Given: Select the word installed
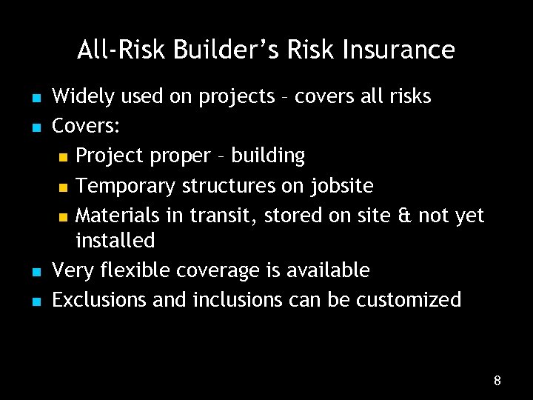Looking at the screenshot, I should click(x=115, y=241).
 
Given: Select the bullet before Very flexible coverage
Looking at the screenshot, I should click(x=35, y=272).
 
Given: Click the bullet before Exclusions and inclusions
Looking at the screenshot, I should click(x=35, y=301).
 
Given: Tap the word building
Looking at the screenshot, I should click(x=268, y=156).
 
